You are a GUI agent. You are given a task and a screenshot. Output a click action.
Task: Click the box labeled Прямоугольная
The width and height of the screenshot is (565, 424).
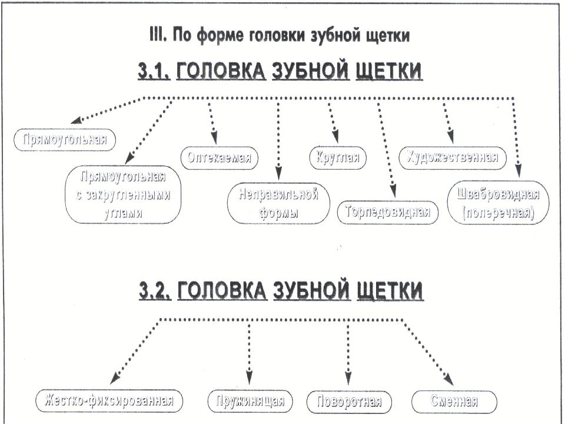[65, 140]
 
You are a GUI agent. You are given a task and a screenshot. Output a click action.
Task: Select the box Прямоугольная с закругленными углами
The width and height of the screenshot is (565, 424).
[123, 194]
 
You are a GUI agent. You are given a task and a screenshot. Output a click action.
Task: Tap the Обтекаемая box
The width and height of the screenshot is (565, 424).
[219, 158]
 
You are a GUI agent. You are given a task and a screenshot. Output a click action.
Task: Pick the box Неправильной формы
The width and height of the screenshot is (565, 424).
[278, 203]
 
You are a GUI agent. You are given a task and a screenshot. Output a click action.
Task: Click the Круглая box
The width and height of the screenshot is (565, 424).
[338, 158]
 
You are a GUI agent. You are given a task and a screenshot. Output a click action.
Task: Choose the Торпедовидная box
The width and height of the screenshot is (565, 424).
[388, 213]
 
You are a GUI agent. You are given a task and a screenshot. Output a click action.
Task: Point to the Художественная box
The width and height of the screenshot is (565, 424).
[453, 158]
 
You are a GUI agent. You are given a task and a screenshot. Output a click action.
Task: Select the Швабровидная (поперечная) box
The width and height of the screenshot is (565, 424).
[498, 203]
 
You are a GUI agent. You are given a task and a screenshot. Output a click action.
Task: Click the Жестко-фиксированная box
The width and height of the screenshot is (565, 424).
[109, 401]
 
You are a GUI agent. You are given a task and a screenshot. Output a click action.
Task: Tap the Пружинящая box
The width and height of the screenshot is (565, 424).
[250, 401]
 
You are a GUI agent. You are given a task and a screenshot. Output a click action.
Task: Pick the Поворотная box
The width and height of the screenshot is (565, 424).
[349, 402]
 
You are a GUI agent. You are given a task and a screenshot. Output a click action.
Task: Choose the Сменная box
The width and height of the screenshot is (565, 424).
[454, 401]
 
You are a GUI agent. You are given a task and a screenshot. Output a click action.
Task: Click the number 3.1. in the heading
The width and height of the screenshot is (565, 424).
[154, 71]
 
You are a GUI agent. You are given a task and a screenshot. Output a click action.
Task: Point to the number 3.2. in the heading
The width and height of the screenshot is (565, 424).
[155, 290]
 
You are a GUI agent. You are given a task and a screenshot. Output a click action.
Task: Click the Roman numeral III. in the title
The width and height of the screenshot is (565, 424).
[158, 35]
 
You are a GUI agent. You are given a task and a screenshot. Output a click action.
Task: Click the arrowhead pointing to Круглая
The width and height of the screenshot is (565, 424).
[335, 137]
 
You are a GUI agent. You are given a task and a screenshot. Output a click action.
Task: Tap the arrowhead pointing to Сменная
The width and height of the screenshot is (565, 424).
[448, 380]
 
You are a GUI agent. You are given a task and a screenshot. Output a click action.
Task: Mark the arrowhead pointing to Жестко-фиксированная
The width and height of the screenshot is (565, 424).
[115, 377]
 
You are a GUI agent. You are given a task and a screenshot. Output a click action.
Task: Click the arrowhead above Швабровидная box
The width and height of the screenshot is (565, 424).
[518, 171]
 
